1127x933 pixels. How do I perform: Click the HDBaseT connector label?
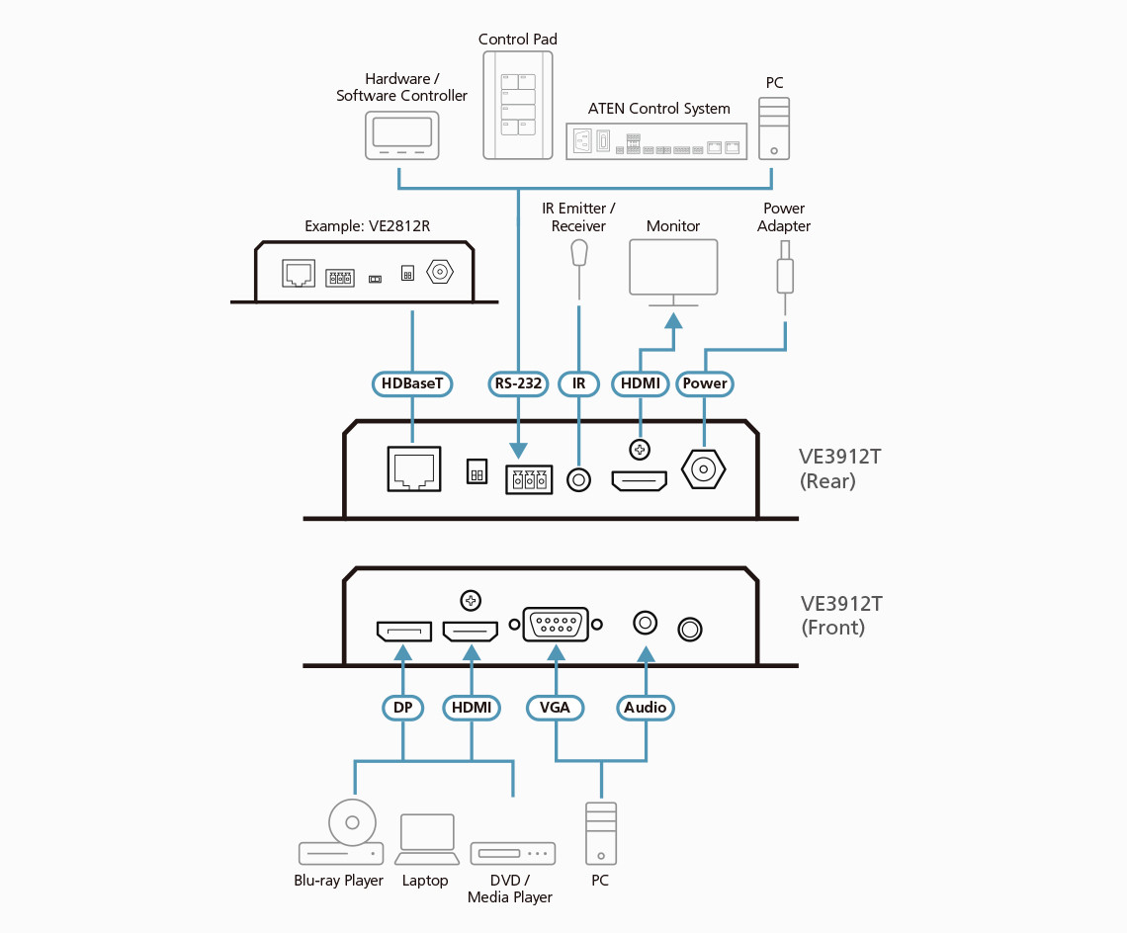(412, 383)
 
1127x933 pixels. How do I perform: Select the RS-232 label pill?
(518, 383)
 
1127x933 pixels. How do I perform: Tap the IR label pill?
(578, 383)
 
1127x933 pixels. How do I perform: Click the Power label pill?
(704, 383)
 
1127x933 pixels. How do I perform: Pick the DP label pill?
(402, 708)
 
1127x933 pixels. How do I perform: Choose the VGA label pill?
(555, 708)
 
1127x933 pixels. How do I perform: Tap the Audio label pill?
(646, 708)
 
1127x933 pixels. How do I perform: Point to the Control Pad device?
(517, 105)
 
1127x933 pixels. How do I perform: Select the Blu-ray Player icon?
(341, 838)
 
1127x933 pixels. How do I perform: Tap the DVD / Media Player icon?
(512, 853)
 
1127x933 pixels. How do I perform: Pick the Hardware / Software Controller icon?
(402, 134)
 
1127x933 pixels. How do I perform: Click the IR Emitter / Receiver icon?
(579, 254)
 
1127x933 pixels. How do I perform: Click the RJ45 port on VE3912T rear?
(412, 468)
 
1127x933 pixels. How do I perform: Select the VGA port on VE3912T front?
(555, 626)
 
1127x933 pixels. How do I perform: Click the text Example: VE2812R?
(367, 226)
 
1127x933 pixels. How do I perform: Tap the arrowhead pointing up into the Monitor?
(673, 320)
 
